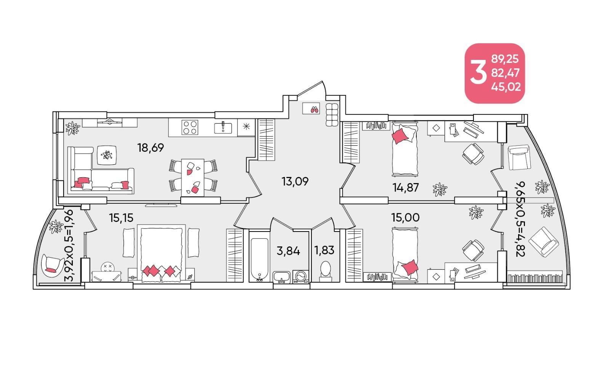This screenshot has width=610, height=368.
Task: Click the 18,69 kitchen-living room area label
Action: (x=151, y=148)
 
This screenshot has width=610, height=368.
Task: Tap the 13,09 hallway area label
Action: (x=295, y=182)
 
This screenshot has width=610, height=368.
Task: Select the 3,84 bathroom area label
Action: (x=288, y=251)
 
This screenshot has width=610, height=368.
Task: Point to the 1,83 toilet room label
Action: (x=324, y=250)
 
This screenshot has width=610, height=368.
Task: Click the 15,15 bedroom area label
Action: (x=121, y=218)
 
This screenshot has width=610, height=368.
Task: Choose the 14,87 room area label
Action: (x=406, y=188)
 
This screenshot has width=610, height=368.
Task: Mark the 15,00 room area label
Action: (x=405, y=218)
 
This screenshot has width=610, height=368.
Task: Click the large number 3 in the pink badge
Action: (x=478, y=73)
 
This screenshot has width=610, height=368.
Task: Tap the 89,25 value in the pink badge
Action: (x=505, y=59)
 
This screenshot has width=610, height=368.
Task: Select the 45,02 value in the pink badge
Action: (x=506, y=87)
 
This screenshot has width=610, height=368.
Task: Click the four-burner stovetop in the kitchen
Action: (x=190, y=127)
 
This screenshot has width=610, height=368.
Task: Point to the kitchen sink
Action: (x=223, y=128)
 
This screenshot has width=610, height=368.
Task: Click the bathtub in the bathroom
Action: (x=260, y=259)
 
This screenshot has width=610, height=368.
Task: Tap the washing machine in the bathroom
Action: (x=301, y=277)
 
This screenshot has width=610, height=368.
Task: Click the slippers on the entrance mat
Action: (x=315, y=109)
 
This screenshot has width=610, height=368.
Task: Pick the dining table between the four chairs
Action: (x=193, y=178)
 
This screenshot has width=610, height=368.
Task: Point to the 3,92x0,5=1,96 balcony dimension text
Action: (x=69, y=245)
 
